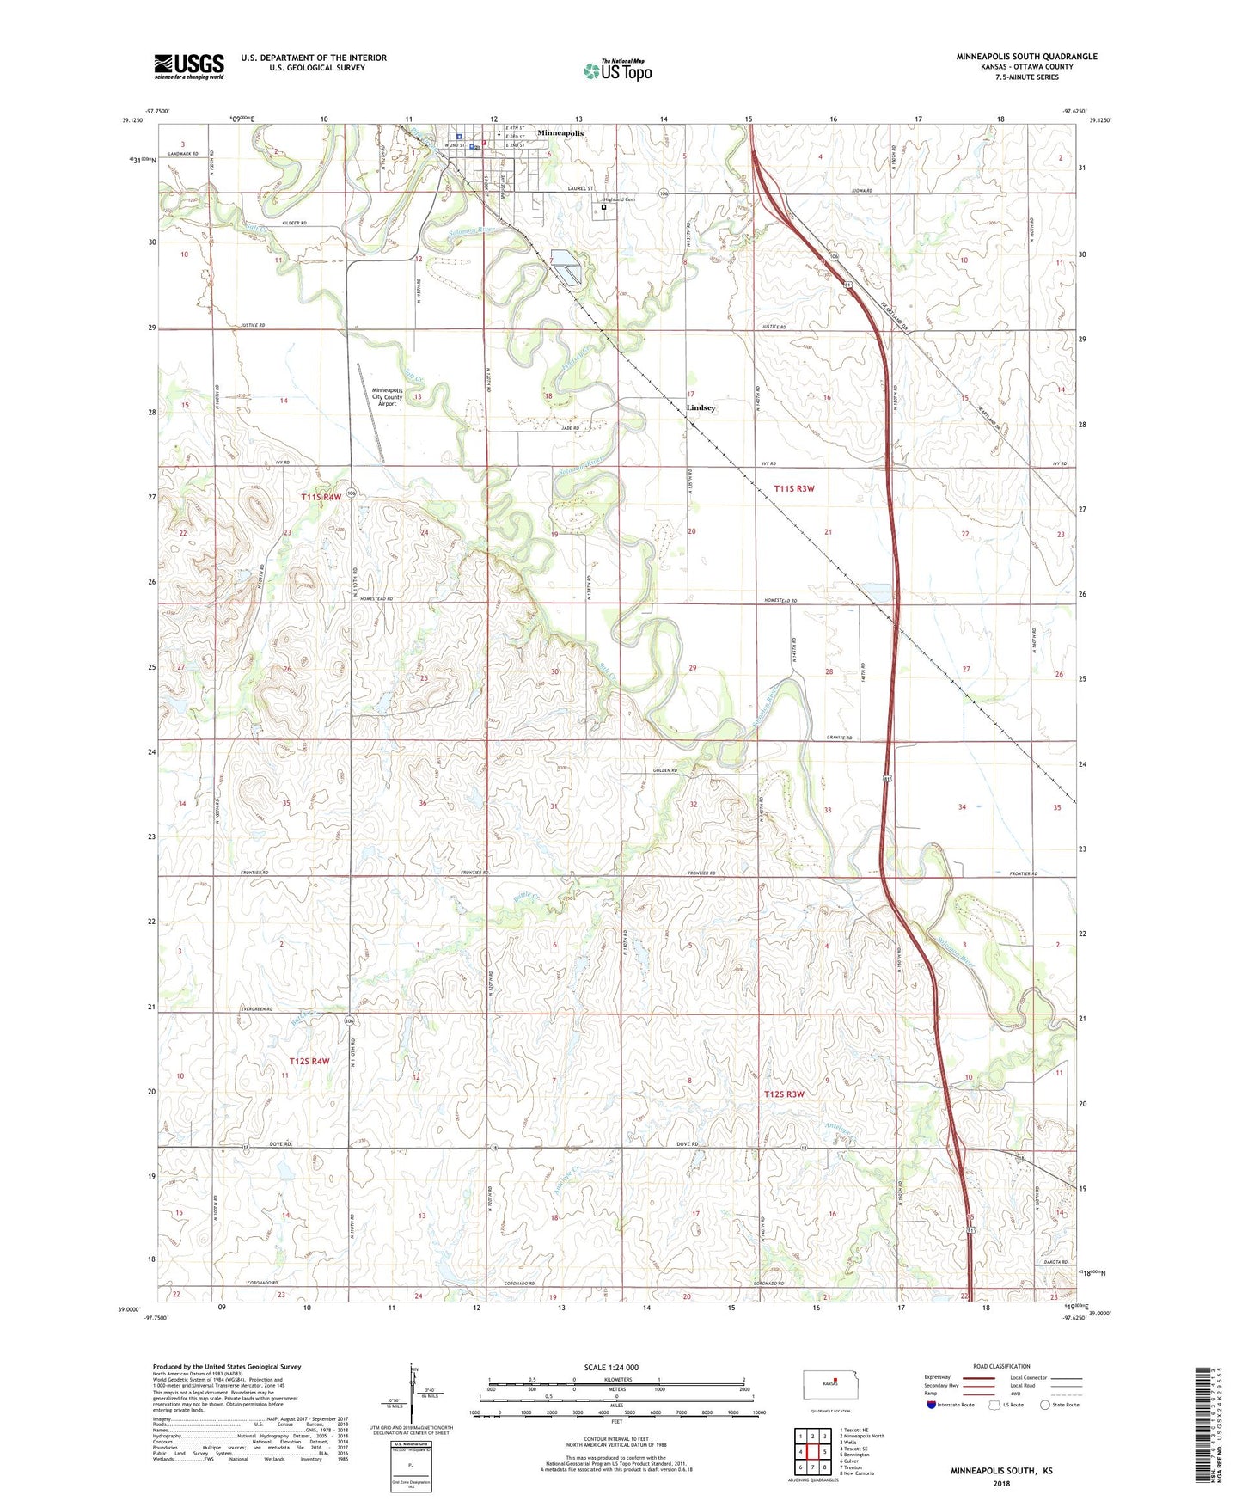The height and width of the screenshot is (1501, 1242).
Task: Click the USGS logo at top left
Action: [189, 66]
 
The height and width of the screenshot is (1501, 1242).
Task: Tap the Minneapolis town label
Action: [560, 133]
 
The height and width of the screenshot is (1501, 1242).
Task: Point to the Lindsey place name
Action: [701, 407]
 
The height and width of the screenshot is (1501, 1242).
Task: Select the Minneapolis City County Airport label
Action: [387, 396]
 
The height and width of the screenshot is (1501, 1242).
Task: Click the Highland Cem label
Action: [618, 199]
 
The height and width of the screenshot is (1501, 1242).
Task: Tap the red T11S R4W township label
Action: [321, 497]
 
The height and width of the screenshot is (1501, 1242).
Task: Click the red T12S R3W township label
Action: [784, 1094]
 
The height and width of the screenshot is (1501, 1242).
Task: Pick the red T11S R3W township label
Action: [793, 488]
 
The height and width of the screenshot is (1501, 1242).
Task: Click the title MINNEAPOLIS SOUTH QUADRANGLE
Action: [1026, 57]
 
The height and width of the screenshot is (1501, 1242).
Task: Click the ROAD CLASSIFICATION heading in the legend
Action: [1001, 1366]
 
